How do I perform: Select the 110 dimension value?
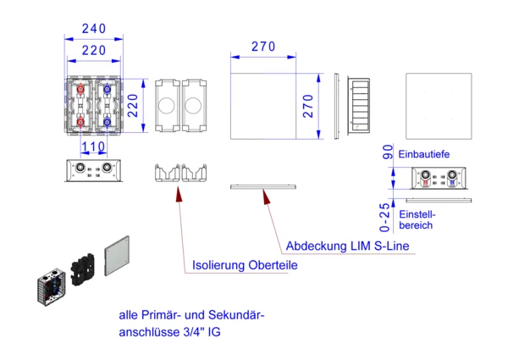pos(93,147)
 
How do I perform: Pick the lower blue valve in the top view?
pos(108,128)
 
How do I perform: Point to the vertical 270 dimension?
pos(309,106)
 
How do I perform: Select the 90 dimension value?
pos(387,152)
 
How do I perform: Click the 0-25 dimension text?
pos(387,217)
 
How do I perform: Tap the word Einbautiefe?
pos(423,153)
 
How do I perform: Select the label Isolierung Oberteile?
pos(246,265)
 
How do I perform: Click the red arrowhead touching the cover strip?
pos(265,197)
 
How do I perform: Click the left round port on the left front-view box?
pos(81,169)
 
